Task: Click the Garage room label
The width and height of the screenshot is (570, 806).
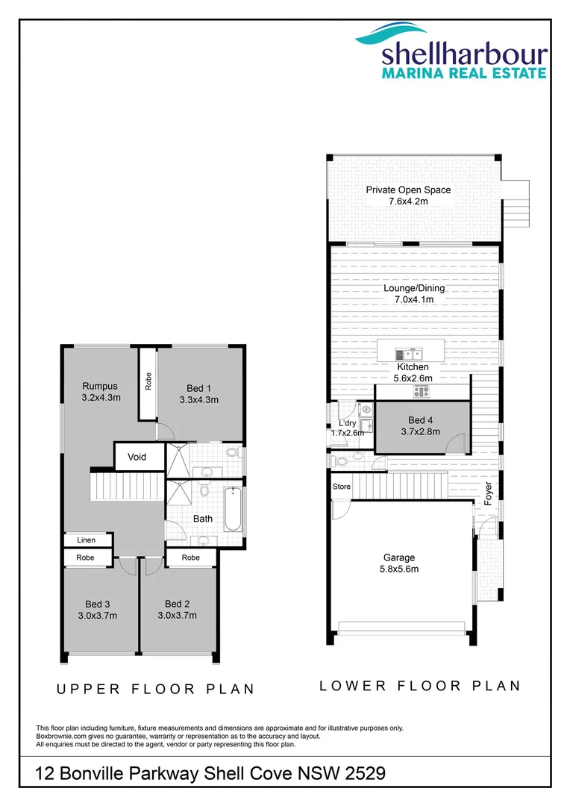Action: [x=400, y=557]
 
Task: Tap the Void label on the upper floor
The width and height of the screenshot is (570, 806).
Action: [x=137, y=457]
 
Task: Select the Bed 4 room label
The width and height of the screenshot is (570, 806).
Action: [x=421, y=420]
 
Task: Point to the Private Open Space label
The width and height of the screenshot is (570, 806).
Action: [x=408, y=190]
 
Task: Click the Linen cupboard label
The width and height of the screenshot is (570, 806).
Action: [x=87, y=540]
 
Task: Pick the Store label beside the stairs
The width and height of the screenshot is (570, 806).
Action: [x=342, y=487]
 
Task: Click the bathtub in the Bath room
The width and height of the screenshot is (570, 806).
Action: [x=233, y=509]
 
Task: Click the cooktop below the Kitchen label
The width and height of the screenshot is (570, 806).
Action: [x=423, y=390]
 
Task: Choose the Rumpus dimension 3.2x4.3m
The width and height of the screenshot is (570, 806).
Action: [x=101, y=398]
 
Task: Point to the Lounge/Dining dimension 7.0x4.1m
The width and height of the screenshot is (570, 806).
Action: [x=414, y=299]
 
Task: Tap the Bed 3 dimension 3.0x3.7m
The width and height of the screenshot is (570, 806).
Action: [x=98, y=616]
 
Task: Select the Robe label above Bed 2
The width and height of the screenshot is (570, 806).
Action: [x=191, y=557]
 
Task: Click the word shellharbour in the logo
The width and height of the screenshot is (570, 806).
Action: [x=465, y=54]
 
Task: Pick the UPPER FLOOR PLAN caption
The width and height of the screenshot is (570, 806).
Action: [x=156, y=690]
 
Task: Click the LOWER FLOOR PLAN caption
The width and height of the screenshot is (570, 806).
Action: [x=420, y=686]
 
